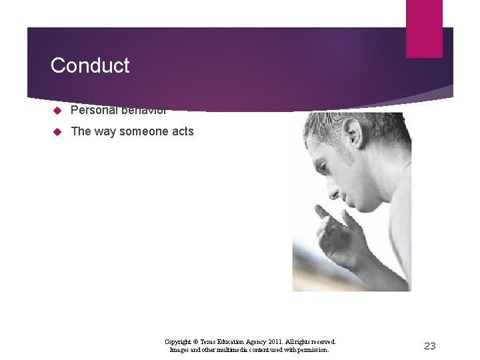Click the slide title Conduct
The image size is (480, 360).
tap(90, 65)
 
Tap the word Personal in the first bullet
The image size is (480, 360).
tap(91, 110)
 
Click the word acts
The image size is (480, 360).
tap(183, 131)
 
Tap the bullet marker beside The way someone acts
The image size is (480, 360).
tap(58, 131)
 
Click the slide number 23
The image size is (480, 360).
tap(430, 345)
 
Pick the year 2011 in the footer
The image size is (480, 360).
tap(277, 341)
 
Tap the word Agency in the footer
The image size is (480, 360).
tap(257, 341)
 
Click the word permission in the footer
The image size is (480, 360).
tap(312, 349)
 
